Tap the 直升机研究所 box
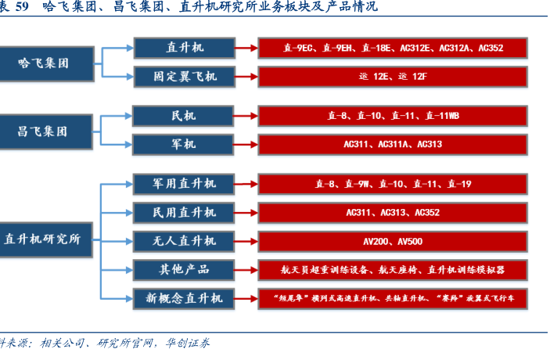point(46,239)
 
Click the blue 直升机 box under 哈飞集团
point(185,48)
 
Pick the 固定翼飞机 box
point(185,77)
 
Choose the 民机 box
point(183,116)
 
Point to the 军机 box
point(183,144)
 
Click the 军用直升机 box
point(185,184)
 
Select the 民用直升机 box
point(185,212)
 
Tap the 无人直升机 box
point(185,240)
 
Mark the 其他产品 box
point(185,268)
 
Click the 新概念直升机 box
point(185,297)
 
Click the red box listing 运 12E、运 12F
point(393,77)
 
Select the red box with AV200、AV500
point(393,241)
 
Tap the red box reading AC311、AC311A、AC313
point(393,144)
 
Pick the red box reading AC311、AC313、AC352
point(393,212)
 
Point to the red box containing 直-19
point(393,184)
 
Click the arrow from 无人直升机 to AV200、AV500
point(246,241)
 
